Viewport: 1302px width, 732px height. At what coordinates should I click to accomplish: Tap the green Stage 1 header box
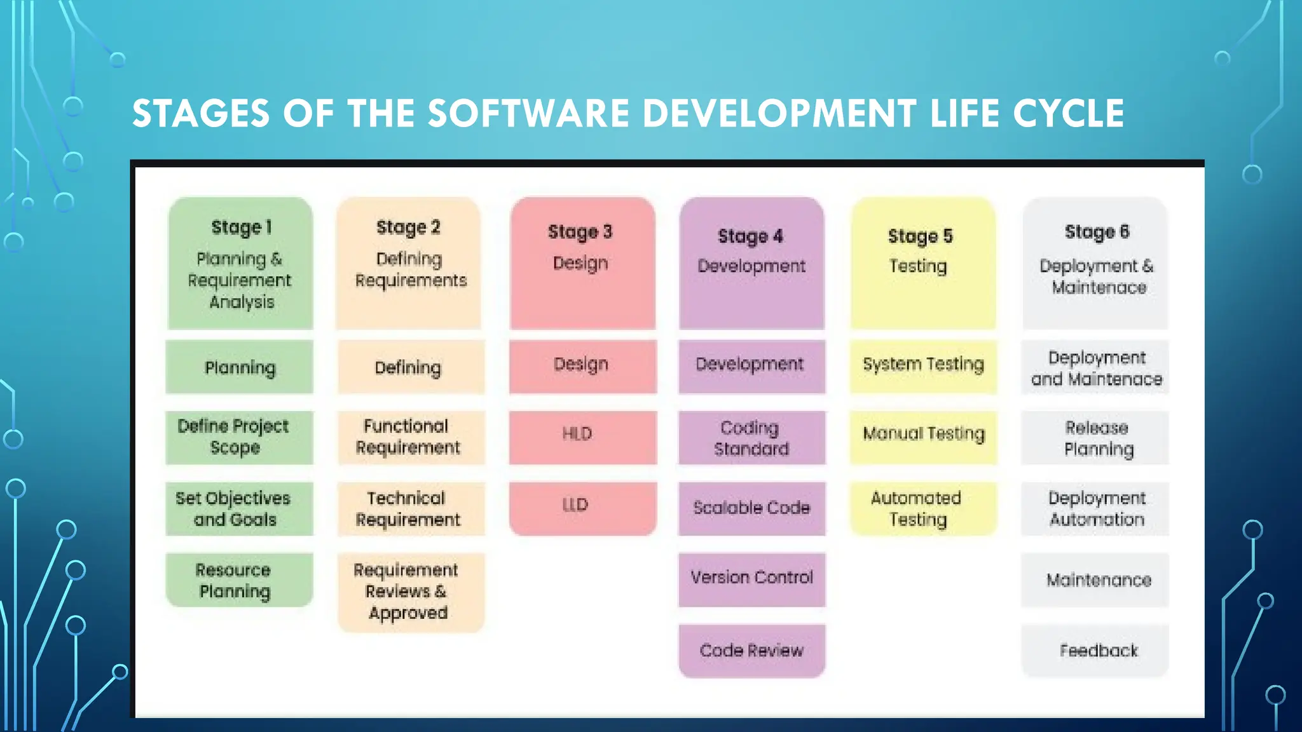pyautogui.click(x=240, y=263)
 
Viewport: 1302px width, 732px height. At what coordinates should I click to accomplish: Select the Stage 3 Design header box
pyautogui.click(x=582, y=263)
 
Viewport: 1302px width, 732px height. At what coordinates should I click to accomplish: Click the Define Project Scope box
pyautogui.click(x=239, y=437)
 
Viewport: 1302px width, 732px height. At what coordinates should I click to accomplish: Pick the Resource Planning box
pyautogui.click(x=239, y=580)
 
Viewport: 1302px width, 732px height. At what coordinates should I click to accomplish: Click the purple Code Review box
pyautogui.click(x=751, y=651)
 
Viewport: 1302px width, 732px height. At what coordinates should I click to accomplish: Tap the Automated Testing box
pyautogui.click(x=923, y=508)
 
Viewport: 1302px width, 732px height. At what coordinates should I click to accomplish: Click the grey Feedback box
pyautogui.click(x=1095, y=651)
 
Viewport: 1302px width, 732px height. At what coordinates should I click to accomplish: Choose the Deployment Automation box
pyautogui.click(x=1095, y=508)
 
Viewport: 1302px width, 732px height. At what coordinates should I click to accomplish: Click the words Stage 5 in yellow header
pyautogui.click(x=920, y=237)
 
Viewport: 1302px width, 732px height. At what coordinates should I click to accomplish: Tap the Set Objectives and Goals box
pyautogui.click(x=239, y=508)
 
